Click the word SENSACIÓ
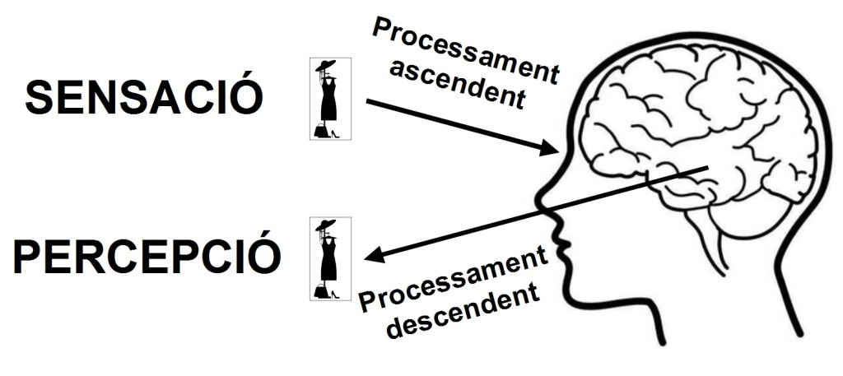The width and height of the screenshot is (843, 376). coord(144,98)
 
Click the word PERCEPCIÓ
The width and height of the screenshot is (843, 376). coord(147,257)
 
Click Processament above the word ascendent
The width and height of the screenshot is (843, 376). coord(465,49)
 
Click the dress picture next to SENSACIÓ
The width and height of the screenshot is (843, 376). coord(330,98)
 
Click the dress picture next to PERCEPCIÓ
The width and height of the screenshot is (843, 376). coord(330,258)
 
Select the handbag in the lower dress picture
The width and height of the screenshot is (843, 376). coord(319,290)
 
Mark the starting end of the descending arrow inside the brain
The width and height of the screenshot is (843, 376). coord(706,169)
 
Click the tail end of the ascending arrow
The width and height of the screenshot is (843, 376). coord(367,101)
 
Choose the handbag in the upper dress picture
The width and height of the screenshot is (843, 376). coord(319,130)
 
